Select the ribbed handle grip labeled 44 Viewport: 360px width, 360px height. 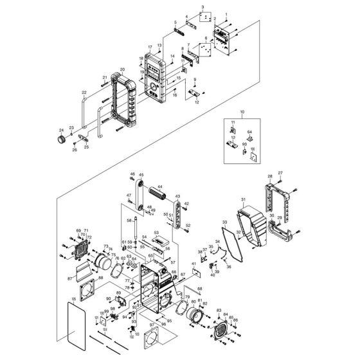tap(158, 193)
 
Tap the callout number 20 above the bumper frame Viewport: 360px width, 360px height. tap(122, 69)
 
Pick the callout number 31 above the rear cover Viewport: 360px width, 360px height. tap(244, 199)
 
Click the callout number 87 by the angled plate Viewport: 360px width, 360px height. tap(69, 278)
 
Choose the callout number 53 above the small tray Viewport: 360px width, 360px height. tap(156, 233)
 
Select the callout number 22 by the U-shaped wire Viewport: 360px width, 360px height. tap(84, 93)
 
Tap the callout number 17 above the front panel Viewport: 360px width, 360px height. tap(148, 47)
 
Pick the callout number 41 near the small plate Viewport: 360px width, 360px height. tap(194, 265)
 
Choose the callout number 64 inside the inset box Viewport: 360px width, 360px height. tap(251, 132)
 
